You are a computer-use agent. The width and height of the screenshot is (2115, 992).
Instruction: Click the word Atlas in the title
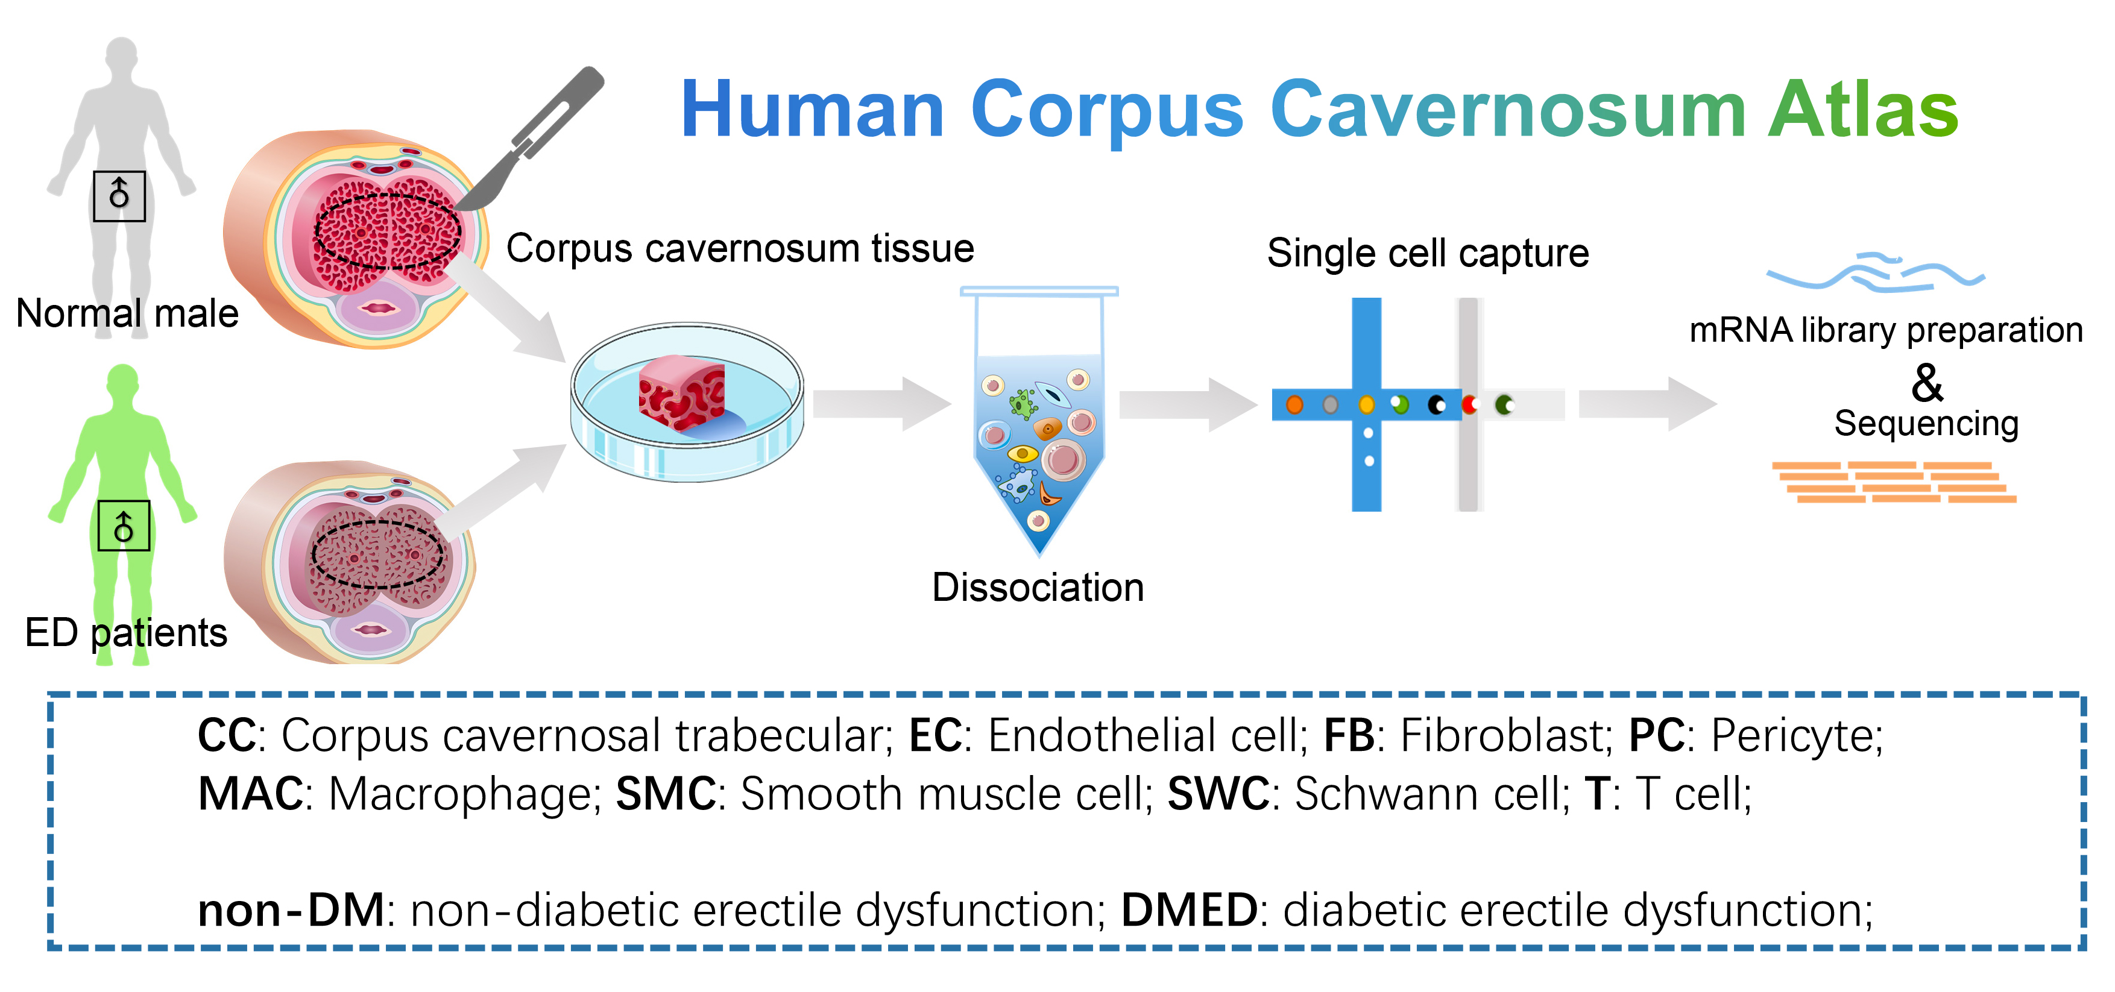(1863, 109)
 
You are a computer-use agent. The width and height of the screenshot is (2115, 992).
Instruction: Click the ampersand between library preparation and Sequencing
(1927, 383)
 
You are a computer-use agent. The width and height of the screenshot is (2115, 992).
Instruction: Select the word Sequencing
(1926, 424)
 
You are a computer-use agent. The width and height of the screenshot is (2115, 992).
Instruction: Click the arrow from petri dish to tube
(882, 404)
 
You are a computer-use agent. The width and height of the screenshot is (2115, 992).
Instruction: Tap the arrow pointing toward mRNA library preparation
(1648, 404)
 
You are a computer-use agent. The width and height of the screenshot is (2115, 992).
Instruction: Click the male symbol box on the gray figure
(119, 196)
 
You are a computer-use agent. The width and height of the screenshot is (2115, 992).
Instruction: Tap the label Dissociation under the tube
(1038, 588)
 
